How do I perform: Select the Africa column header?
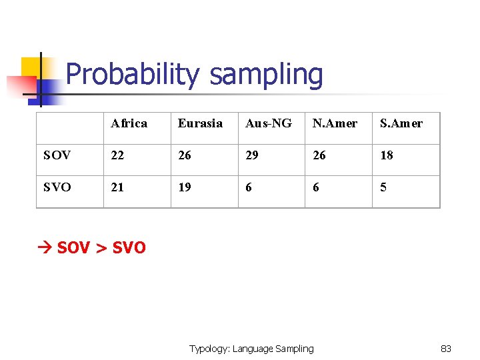pyautogui.click(x=129, y=123)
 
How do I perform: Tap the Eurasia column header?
pyautogui.click(x=200, y=123)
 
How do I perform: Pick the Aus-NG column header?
pyautogui.click(x=269, y=123)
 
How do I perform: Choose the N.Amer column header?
pyautogui.click(x=335, y=123)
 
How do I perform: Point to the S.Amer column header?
pyautogui.click(x=401, y=123)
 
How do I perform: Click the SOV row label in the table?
pyautogui.click(x=57, y=155)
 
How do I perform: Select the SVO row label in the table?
pyautogui.click(x=57, y=187)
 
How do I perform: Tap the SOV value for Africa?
pyautogui.click(x=117, y=155)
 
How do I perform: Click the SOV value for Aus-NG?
pyautogui.click(x=252, y=155)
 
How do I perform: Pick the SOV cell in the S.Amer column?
pyautogui.click(x=387, y=155)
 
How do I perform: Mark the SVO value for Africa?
pyautogui.click(x=117, y=187)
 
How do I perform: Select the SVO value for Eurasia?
pyautogui.click(x=185, y=187)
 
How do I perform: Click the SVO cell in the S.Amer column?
pyautogui.click(x=383, y=187)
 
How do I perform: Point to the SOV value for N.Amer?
pyautogui.click(x=319, y=155)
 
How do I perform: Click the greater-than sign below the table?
pyautogui.click(x=101, y=249)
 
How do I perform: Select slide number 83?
pyautogui.click(x=446, y=349)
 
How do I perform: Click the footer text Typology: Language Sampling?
pyautogui.click(x=251, y=349)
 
